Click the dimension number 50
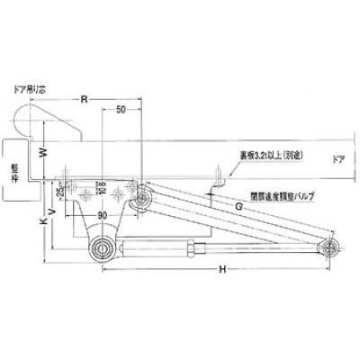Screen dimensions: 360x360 pos(119,109)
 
